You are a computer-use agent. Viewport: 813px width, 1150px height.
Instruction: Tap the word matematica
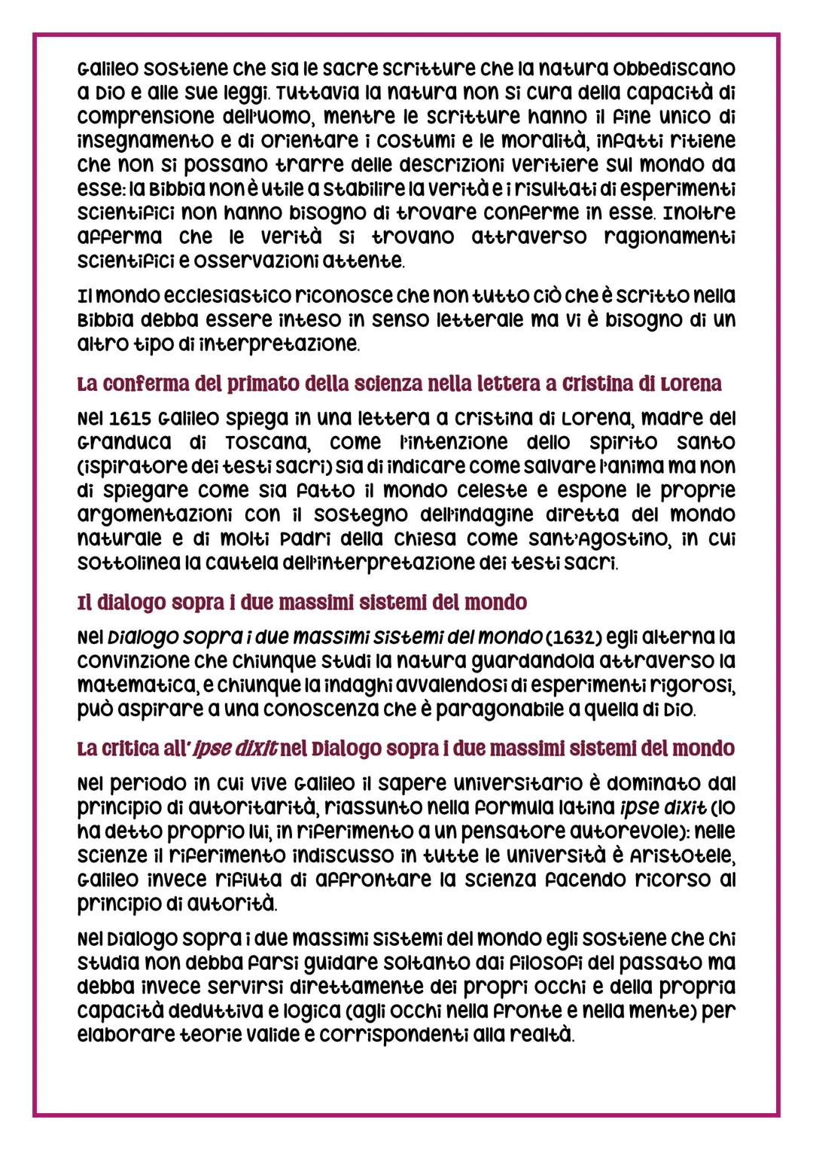click(x=127, y=686)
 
